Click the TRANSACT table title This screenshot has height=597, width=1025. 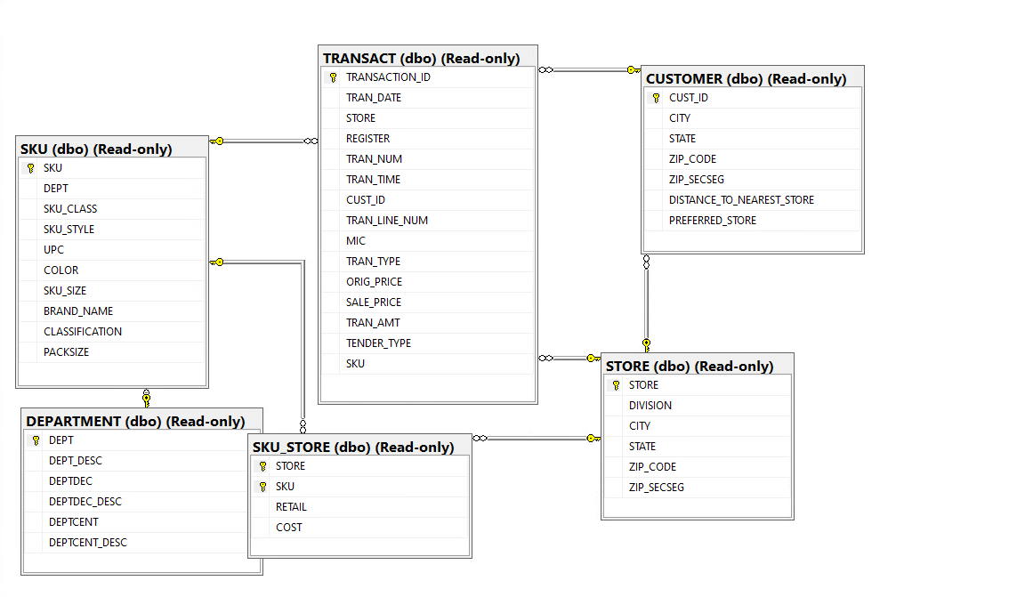coord(421,58)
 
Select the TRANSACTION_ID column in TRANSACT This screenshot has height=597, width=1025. coord(388,77)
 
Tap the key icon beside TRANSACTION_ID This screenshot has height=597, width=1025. coord(333,77)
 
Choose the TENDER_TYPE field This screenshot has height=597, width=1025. coord(378,343)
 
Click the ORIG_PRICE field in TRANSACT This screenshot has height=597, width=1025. coord(374,282)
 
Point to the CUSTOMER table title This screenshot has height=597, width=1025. coord(746,78)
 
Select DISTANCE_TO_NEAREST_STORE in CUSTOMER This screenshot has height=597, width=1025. coord(741,200)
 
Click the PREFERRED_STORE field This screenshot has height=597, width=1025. coord(713,221)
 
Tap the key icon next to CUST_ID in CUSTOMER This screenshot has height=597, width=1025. coord(656,98)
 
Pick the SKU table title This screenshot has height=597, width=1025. coord(96,149)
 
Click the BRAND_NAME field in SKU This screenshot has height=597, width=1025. coord(78,311)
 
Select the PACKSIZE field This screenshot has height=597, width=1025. coord(67,352)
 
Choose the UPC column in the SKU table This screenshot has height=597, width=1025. coord(54,250)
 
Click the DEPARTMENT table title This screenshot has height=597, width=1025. coord(135,421)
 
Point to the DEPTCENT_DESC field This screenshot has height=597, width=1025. coord(88,543)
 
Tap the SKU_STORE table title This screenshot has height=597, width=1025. coord(353,447)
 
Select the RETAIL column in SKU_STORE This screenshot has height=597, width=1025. coord(291,507)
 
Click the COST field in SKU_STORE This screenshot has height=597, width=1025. coord(288,528)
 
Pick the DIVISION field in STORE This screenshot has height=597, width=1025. coord(650,406)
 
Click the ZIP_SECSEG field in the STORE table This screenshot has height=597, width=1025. coord(657,488)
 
